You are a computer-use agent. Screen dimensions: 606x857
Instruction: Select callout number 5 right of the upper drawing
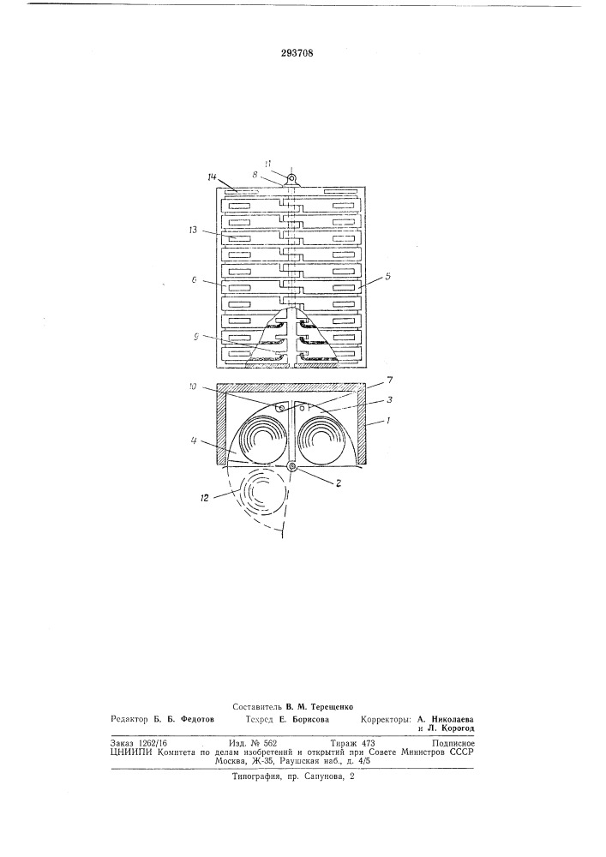[x=388, y=276]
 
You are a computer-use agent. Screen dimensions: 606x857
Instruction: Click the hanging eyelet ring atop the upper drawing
[x=291, y=177]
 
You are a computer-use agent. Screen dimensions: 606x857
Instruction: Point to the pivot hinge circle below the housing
[x=291, y=465]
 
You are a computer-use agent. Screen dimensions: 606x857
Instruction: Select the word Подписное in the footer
[x=453, y=743]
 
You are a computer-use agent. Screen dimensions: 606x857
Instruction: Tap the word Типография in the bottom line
[x=252, y=776]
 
